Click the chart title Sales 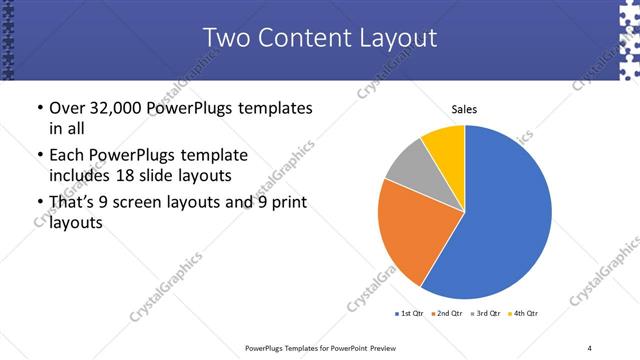[464, 108]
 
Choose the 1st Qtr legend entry [409, 314]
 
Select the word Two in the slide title [228, 39]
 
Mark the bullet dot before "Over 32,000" [38, 108]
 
